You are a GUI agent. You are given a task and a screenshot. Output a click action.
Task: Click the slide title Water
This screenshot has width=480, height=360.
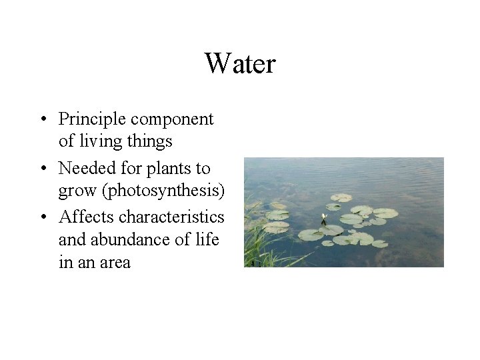click(x=240, y=64)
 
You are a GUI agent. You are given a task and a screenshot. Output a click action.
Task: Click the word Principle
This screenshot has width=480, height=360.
click(x=92, y=119)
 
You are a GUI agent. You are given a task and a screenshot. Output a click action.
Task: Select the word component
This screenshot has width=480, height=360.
click(x=172, y=119)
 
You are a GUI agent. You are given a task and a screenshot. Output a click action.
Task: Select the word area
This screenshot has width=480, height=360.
click(x=115, y=262)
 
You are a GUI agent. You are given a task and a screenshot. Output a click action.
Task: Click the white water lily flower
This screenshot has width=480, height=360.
click(x=325, y=217)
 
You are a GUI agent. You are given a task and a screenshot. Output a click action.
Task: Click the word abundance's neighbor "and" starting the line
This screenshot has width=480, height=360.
click(x=71, y=239)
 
